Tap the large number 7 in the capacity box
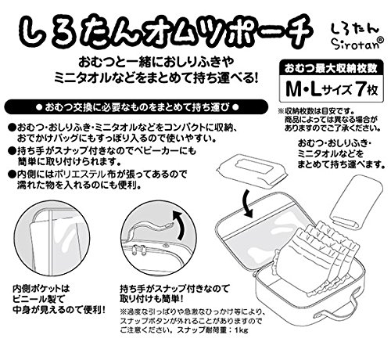pyautogui.click(x=360, y=89)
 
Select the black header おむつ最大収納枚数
pyautogui.click(x=331, y=69)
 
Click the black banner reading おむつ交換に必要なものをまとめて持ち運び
pyautogui.click(x=136, y=107)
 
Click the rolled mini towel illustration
pyautogui.click(x=357, y=201)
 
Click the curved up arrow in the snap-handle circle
pyautogui.click(x=179, y=225)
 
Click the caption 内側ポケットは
pyautogui.click(x=41, y=289)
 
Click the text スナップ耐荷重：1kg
pyautogui.click(x=213, y=329)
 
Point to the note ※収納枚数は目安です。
pyautogui.click(x=317, y=111)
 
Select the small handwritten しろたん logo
pyautogui.click(x=355, y=29)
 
